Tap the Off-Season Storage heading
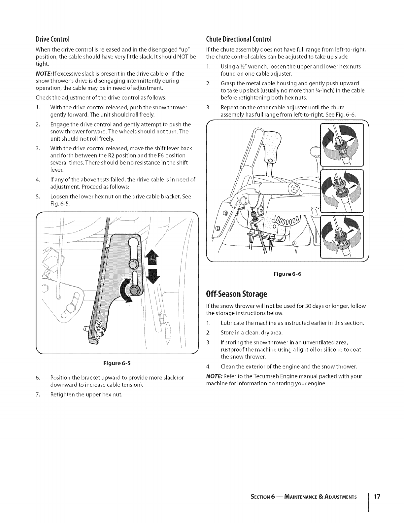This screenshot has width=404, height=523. click(236, 294)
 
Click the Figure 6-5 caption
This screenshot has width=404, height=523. click(117, 363)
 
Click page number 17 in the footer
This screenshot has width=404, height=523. click(377, 497)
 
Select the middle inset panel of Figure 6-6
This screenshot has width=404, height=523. click(342, 191)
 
